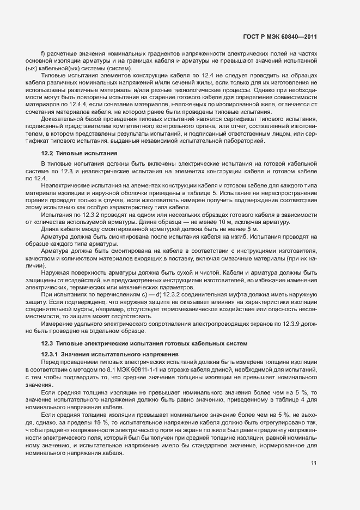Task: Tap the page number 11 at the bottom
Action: coord(314,463)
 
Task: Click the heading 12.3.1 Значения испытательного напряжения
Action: coord(106,354)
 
